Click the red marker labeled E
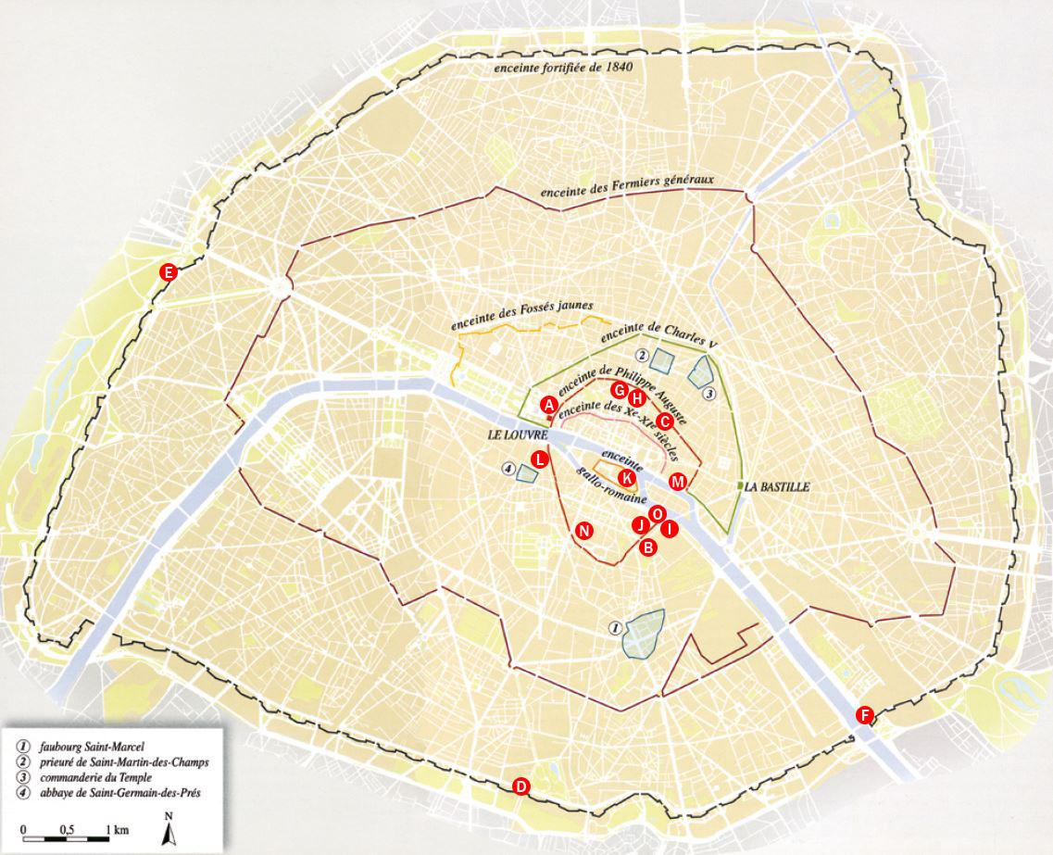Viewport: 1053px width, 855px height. coord(169,271)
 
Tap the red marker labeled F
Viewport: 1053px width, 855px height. coord(864,714)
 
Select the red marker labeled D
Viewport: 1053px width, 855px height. coord(521,786)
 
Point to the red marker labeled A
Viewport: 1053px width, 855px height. coord(548,405)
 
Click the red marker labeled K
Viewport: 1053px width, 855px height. coord(627,478)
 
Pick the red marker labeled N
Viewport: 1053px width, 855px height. coord(583,530)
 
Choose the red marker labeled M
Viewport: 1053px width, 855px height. coord(678,482)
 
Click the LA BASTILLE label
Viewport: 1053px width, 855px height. coord(777,486)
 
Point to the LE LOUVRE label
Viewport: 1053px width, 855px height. coord(513,434)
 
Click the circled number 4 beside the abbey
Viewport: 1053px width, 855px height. coord(508,470)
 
